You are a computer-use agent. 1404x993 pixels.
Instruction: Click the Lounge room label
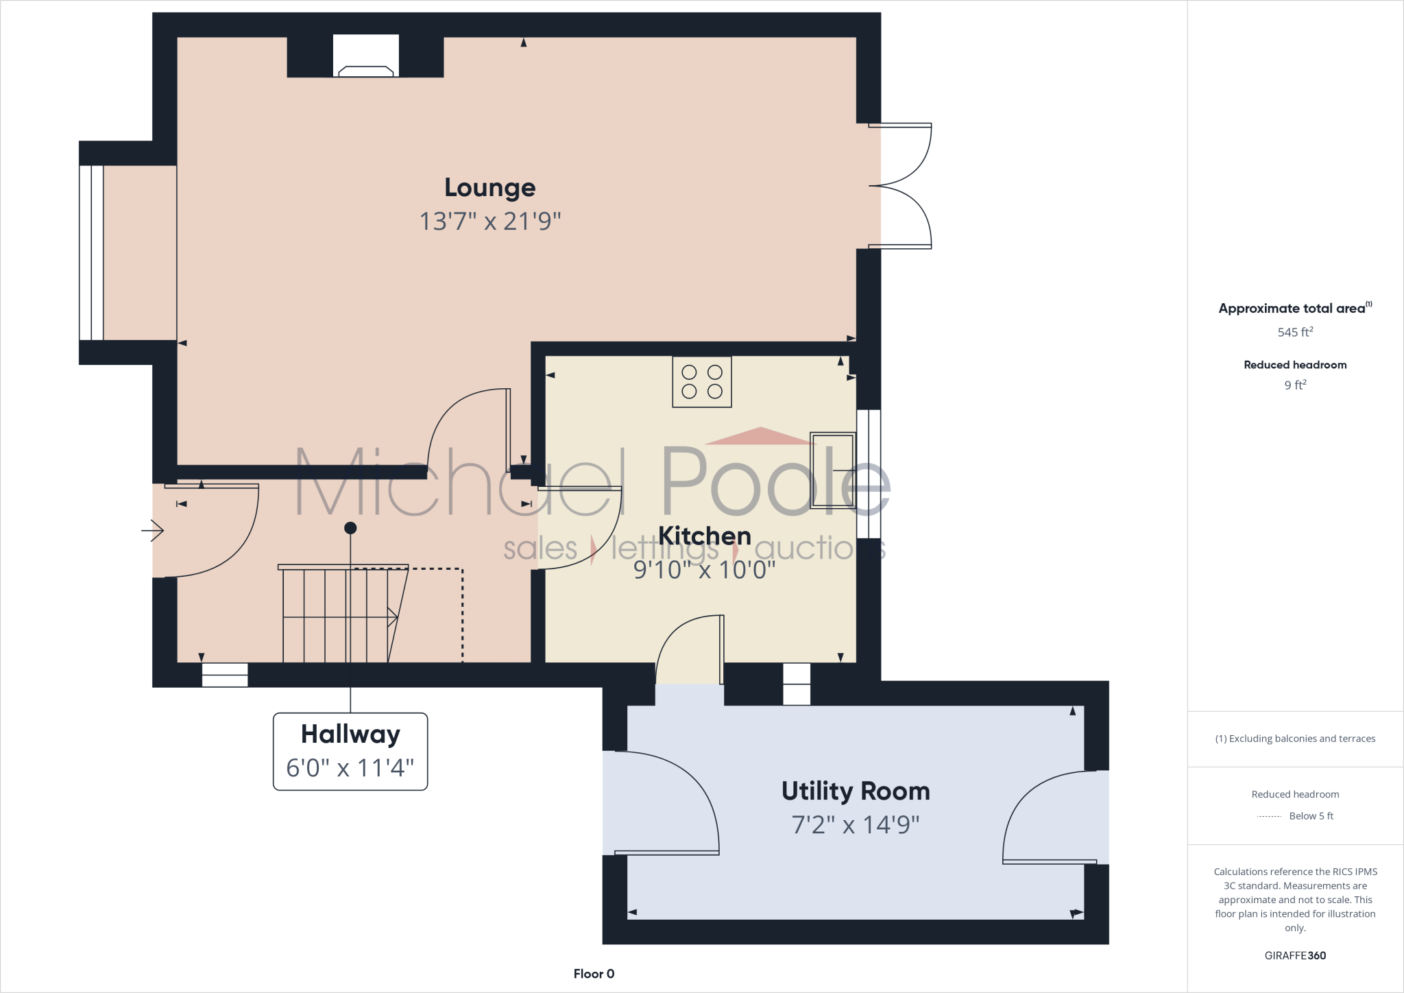pyautogui.click(x=489, y=187)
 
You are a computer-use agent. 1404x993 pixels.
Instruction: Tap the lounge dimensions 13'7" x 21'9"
pyautogui.click(x=489, y=222)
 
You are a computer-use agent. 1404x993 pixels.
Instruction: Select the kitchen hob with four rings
pyautogui.click(x=701, y=382)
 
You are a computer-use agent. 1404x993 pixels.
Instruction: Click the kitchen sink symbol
pyautogui.click(x=832, y=470)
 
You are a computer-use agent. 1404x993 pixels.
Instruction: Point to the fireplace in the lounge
pyautogui.click(x=365, y=57)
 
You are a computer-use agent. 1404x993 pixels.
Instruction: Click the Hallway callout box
pyautogui.click(x=350, y=752)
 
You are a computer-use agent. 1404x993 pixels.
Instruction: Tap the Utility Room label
pyautogui.click(x=855, y=791)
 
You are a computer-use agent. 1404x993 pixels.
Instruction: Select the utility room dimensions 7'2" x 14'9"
pyautogui.click(x=855, y=824)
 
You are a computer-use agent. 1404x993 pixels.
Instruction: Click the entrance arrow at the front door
pyautogui.click(x=153, y=530)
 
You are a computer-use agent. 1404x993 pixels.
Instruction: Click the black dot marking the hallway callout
pyautogui.click(x=350, y=528)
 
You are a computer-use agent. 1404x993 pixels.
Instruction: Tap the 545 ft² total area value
pyautogui.click(x=1294, y=332)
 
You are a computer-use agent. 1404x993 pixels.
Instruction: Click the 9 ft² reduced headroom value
pyautogui.click(x=1294, y=385)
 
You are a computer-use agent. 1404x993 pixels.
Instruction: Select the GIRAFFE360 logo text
pyautogui.click(x=1294, y=955)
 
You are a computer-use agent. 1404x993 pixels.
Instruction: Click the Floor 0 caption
pyautogui.click(x=594, y=974)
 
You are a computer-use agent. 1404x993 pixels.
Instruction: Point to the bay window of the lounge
pyautogui.click(x=92, y=252)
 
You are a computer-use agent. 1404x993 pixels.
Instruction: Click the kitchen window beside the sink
pyautogui.click(x=869, y=473)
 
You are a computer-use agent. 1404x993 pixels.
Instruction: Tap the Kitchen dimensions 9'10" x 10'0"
pyautogui.click(x=704, y=569)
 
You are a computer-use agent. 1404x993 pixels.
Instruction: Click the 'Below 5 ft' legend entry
pyautogui.click(x=1310, y=816)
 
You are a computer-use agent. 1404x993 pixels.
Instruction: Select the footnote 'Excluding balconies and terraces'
pyautogui.click(x=1294, y=739)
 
